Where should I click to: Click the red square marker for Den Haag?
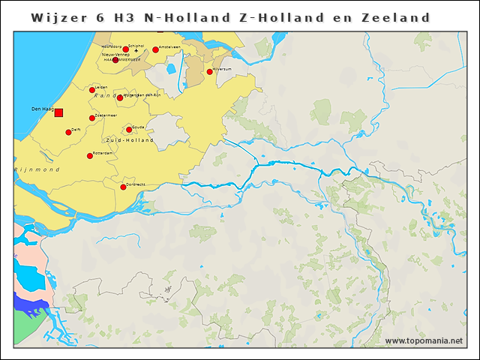(58, 112)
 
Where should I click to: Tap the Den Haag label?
(42, 109)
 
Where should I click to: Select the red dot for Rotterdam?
(90, 156)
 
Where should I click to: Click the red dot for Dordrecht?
(123, 187)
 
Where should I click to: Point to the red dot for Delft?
(68, 133)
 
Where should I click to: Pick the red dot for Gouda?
(129, 130)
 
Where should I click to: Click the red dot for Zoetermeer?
(92, 118)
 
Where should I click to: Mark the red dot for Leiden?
(92, 90)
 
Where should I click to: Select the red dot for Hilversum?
(209, 72)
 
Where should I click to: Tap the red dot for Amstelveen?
(155, 49)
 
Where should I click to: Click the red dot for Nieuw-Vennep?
(115, 60)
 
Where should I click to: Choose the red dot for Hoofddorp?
(125, 49)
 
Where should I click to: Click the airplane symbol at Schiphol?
(136, 50)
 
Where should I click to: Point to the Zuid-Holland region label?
(130, 140)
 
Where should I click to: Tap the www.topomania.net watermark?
(424, 341)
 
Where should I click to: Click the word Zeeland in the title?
(393, 17)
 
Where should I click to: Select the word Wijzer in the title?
(58, 17)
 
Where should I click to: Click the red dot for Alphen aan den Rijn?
(120, 97)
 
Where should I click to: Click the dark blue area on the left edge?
(30, 304)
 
